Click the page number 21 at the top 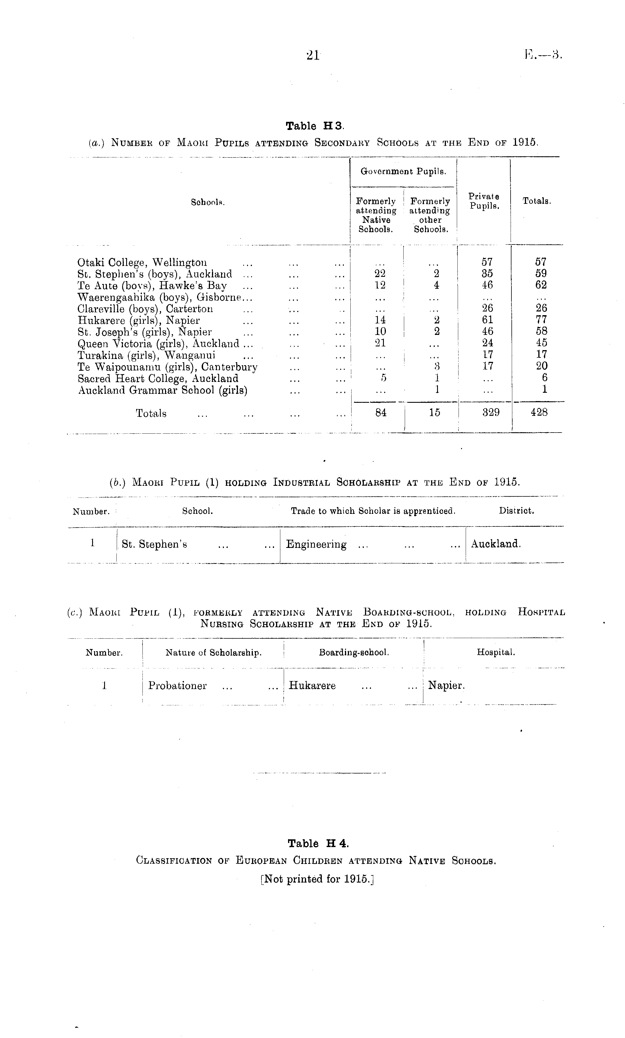[x=313, y=55]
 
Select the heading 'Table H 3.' [x=315, y=126]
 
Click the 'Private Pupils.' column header [x=484, y=201]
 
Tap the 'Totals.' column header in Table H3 [x=537, y=201]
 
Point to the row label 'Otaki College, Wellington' [x=142, y=263]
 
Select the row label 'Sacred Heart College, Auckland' [x=158, y=378]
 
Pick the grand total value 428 [x=539, y=413]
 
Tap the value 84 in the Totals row [x=380, y=413]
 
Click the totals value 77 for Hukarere [x=541, y=320]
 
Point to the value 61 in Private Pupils [x=487, y=320]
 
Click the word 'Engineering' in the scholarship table [x=316, y=544]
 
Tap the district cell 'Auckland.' [x=496, y=544]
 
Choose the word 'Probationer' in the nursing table [x=177, y=685]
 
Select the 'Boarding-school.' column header [x=354, y=652]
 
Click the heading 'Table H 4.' [x=318, y=843]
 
